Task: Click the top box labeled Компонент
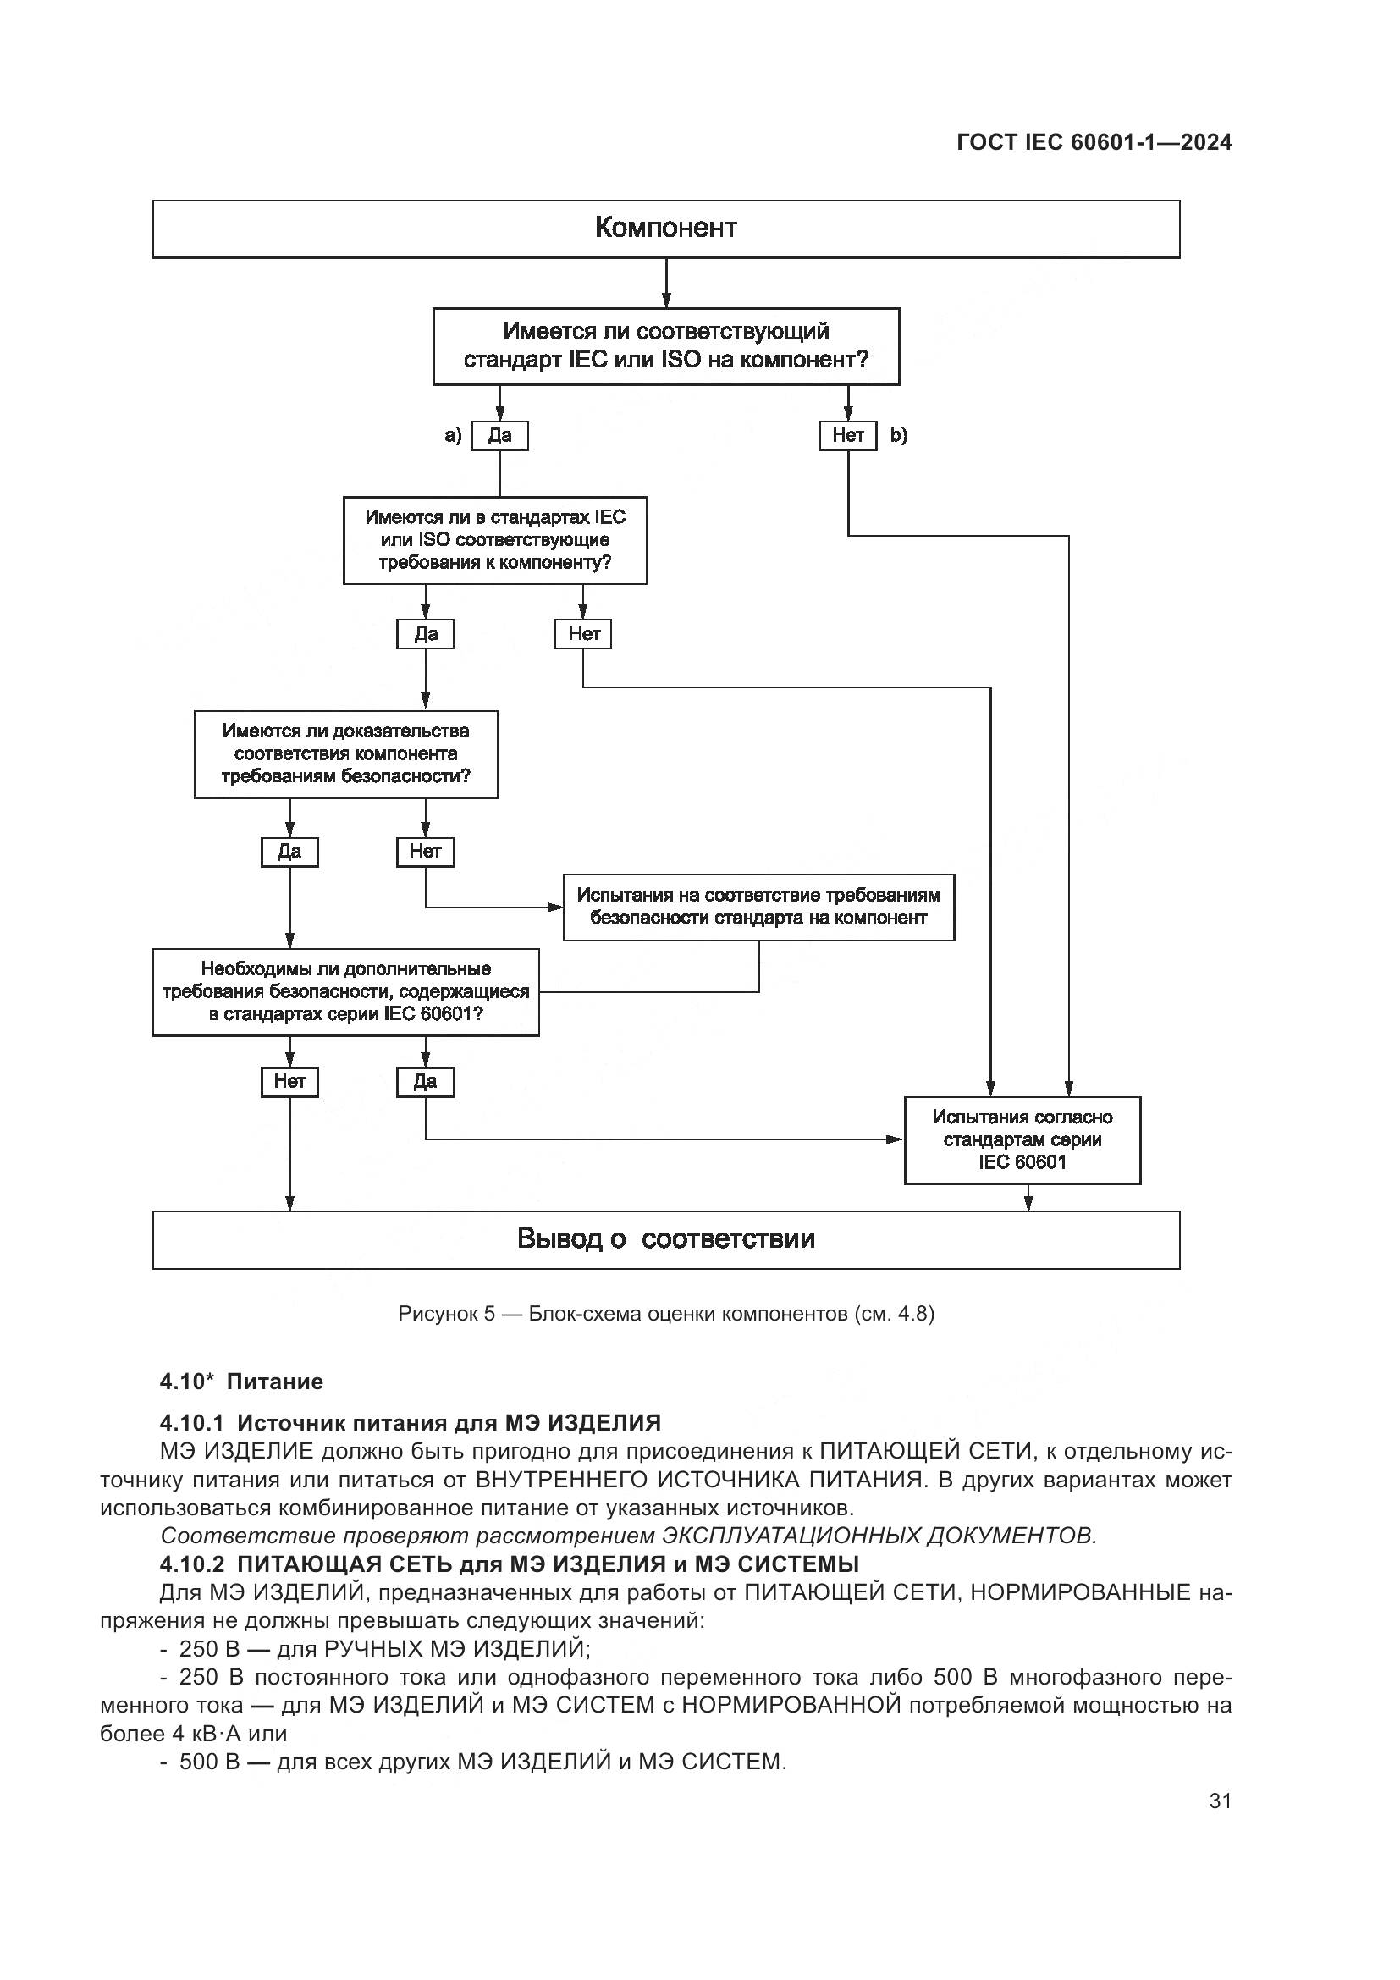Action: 665,229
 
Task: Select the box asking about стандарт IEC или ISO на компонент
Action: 665,346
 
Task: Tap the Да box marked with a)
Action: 500,435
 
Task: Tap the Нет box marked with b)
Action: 847,435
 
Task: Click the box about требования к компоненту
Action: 495,540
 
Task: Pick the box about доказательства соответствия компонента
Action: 345,753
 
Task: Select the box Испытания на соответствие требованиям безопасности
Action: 758,907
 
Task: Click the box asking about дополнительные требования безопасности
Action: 345,992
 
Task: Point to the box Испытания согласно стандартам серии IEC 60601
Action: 1022,1140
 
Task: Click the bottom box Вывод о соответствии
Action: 665,1239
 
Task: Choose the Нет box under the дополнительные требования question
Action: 289,1081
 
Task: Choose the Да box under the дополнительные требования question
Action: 425,1081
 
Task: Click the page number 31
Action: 1220,1801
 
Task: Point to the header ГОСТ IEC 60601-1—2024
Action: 1094,143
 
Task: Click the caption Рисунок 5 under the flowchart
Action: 665,1314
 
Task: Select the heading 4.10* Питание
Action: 241,1382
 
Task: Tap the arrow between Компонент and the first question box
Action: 665,283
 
